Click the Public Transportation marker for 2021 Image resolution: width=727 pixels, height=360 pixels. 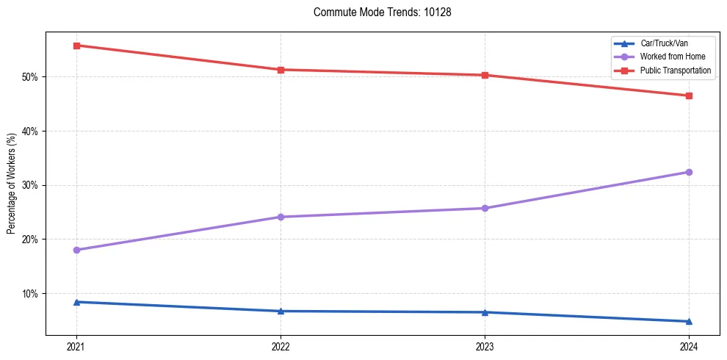click(76, 46)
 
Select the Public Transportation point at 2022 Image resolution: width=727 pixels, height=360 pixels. click(281, 70)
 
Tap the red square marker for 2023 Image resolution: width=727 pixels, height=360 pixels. click(485, 75)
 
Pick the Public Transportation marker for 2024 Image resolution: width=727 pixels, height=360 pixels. click(689, 96)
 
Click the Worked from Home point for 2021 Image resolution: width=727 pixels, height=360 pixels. click(76, 250)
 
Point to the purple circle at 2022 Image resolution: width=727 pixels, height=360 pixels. click(281, 217)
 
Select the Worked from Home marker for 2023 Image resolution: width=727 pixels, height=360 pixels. click(485, 208)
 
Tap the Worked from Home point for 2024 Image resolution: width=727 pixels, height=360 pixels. click(689, 172)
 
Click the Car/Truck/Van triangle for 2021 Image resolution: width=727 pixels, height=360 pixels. click(76, 302)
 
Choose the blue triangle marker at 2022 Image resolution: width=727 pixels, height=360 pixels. click(281, 311)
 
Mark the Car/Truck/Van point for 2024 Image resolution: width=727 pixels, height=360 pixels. click(689, 321)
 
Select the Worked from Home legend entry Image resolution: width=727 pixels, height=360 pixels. click(673, 57)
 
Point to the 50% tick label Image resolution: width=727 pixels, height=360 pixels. click(32, 77)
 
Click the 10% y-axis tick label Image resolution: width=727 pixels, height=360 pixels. click(32, 294)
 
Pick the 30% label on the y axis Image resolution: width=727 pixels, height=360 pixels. click(32, 185)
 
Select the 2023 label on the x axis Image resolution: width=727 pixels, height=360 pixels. click(485, 346)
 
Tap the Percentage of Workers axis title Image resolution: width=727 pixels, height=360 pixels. click(12, 184)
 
